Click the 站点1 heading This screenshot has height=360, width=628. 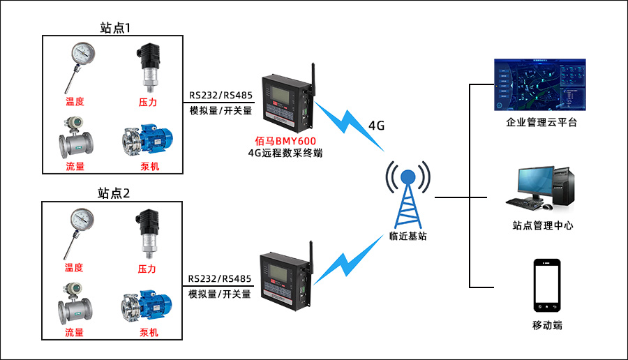coord(116,28)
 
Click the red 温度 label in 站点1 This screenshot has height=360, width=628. coord(75,102)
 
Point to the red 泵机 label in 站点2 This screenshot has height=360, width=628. coord(149,333)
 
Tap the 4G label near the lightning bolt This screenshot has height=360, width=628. coord(376,126)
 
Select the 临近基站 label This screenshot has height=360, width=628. coord(408,237)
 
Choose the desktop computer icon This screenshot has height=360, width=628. coord(540,188)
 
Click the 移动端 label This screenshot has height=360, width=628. coord(547,325)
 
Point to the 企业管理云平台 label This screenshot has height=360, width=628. coord(541,123)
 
